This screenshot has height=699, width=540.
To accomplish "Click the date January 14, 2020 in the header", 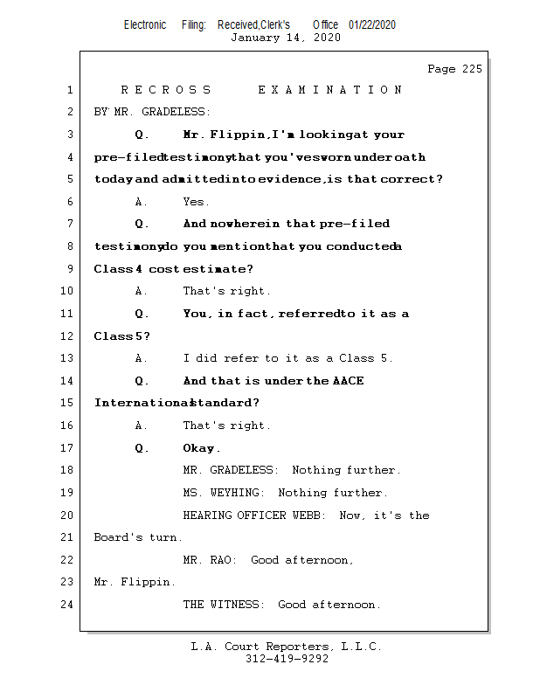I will point(285,38).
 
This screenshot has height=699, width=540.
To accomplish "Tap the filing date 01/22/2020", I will point(372,25).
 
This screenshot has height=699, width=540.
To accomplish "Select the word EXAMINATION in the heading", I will point(330,90).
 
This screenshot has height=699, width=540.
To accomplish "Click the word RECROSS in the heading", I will point(166,90).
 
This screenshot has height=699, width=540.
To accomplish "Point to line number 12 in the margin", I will point(68,336).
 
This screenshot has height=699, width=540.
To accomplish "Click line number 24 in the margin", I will point(68,605).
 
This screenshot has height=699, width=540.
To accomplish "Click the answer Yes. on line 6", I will point(196,202).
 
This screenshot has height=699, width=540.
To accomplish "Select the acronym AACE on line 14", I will point(348,381).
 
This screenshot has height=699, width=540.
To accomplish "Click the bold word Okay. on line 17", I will point(202,448).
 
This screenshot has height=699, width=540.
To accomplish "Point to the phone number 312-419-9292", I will point(287,660).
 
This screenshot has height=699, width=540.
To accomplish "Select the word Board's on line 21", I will point(118,538).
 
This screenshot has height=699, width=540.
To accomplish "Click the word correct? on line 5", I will point(413,180).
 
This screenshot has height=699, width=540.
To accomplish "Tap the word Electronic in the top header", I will point(145,25).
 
